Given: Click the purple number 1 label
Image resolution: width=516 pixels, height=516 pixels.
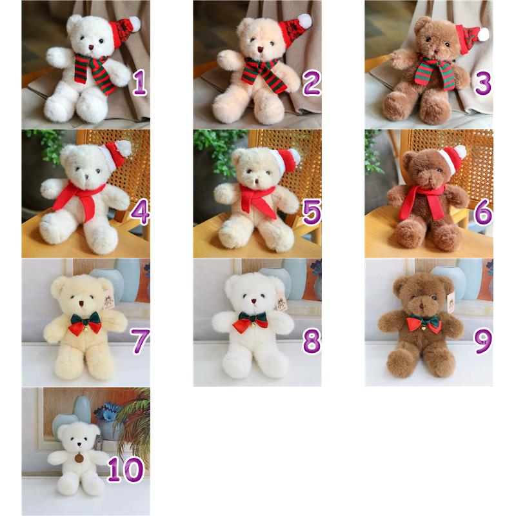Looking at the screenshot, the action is coord(139,83).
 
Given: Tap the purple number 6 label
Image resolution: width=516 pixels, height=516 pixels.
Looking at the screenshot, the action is coord(483,212).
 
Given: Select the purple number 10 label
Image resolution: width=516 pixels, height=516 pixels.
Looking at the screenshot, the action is coord(125,470).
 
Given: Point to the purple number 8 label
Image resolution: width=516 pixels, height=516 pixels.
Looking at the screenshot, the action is coord(312,341).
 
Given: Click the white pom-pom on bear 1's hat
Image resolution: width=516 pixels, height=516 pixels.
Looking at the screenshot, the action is coord(134,23).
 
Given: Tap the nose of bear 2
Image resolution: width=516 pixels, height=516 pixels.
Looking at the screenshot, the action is coord(261,50).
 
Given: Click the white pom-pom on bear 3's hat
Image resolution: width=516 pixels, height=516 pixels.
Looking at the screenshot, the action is coord(483,34).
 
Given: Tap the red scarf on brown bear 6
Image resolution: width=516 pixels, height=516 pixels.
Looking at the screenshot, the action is coord(422,201).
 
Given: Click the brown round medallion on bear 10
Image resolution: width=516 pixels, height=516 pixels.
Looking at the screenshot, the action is coord(79,458).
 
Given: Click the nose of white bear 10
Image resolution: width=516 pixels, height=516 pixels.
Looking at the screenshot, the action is coord(79,444).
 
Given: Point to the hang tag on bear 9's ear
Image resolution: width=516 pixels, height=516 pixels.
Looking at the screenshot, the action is coord(451,302).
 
